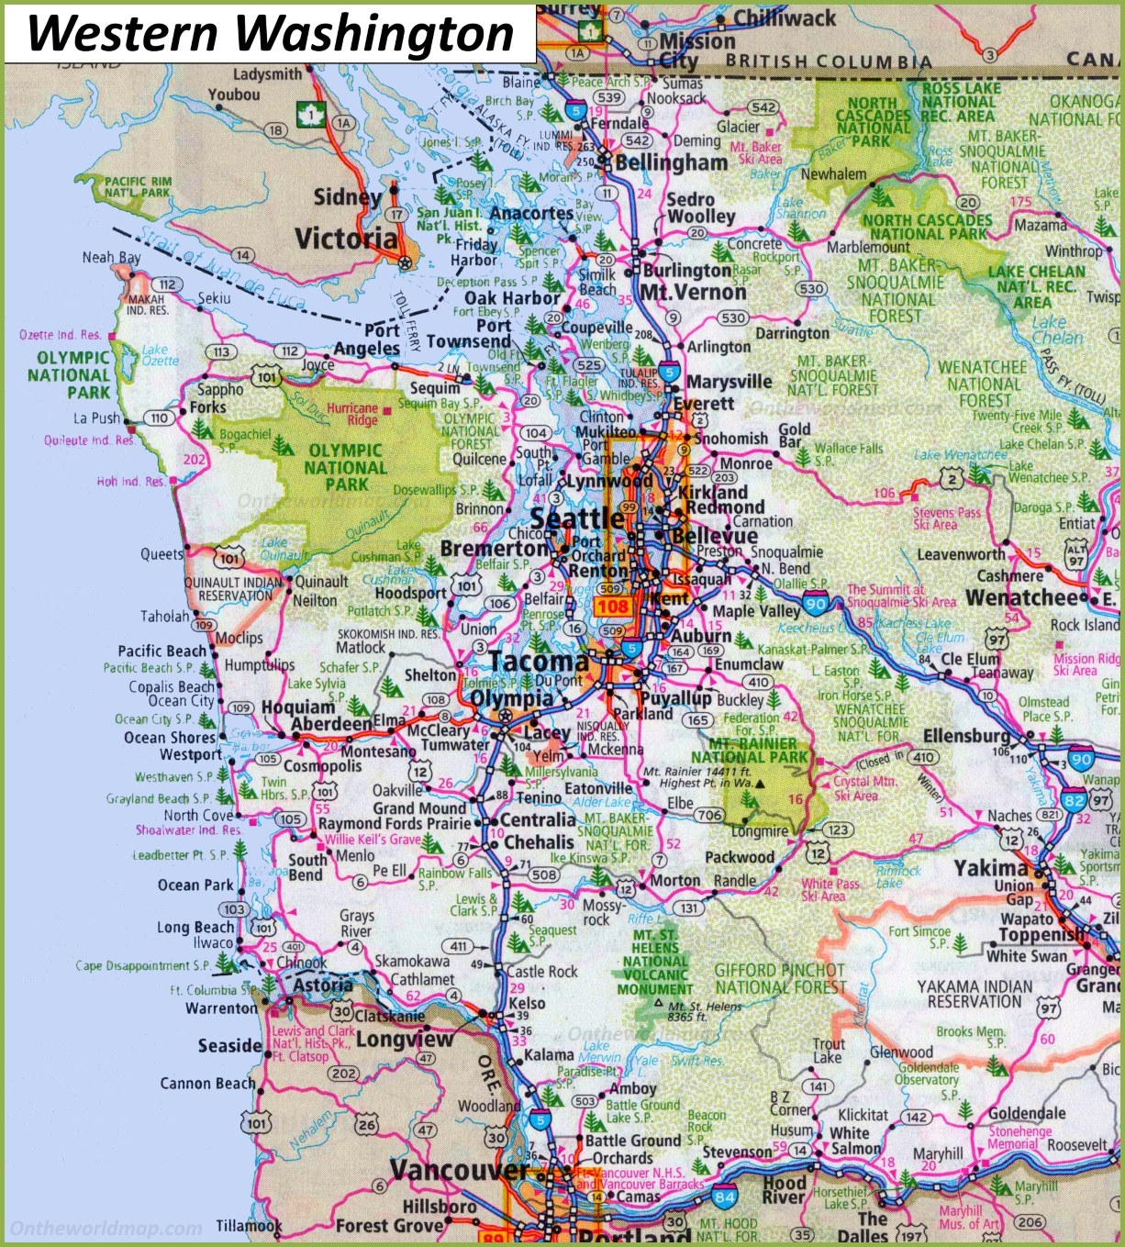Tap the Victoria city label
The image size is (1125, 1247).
pos(346,239)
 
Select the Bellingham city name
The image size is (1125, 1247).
pos(671,163)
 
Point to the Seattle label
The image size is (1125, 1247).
pos(577,518)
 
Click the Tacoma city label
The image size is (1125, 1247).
pos(539,662)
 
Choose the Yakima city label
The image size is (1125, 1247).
pos(990,868)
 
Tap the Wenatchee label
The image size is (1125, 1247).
pos(1022,598)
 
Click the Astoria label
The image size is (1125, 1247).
pos(322,985)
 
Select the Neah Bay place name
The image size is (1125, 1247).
pos(111,258)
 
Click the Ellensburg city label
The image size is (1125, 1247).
pos(966,736)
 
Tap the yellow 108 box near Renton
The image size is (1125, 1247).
pos(612,606)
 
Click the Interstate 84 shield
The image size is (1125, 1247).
pos(725,1196)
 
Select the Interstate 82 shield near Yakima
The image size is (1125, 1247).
pos(1073,800)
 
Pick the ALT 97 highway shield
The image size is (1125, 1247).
pos(1075,554)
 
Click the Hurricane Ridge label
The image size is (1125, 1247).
pos(352,414)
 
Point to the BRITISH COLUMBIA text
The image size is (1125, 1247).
pos(829,62)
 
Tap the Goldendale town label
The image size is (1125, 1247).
pos(1026,1114)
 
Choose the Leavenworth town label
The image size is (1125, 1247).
pos(961,555)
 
